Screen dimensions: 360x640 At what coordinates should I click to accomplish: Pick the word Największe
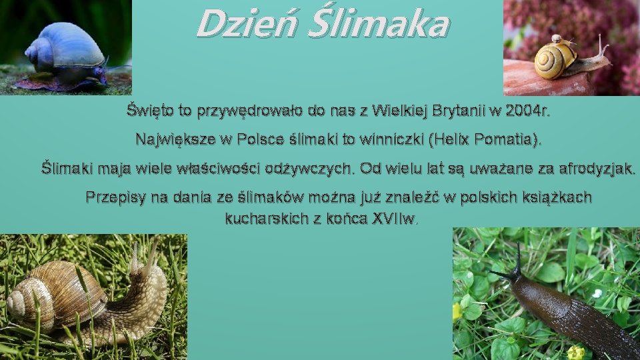pyautogui.click(x=173, y=140)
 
